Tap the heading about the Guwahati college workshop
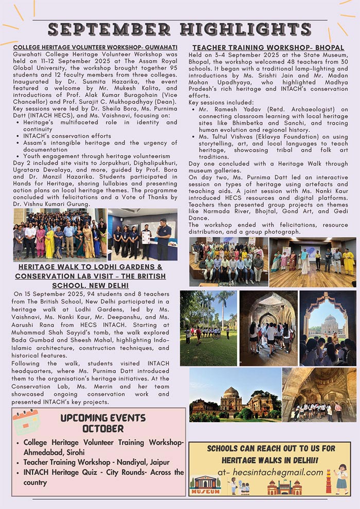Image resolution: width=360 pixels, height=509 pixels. (96, 47)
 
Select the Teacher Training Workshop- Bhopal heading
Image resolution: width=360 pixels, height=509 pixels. (268, 47)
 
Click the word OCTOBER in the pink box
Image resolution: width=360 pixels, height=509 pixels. (103, 428)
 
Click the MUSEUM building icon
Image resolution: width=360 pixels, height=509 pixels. (205, 485)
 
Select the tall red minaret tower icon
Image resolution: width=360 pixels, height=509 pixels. (328, 482)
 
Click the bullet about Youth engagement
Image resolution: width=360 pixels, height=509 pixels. (97, 156)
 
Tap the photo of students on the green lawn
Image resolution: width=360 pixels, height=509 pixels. (208, 328)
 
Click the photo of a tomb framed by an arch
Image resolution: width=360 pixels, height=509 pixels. (328, 328)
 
